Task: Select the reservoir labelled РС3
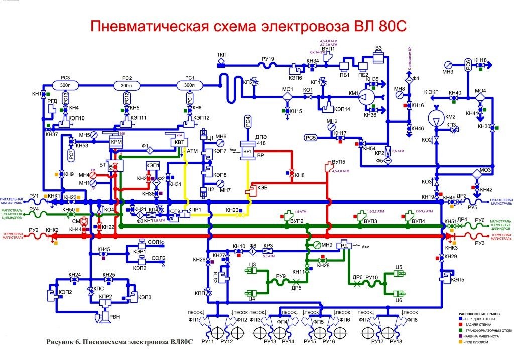tap(64, 86)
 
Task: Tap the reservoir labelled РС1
tap(189, 86)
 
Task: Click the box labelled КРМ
tap(116, 142)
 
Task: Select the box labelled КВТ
tap(179, 142)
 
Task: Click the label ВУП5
tap(339, 163)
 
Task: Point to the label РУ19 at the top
tap(268, 59)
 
